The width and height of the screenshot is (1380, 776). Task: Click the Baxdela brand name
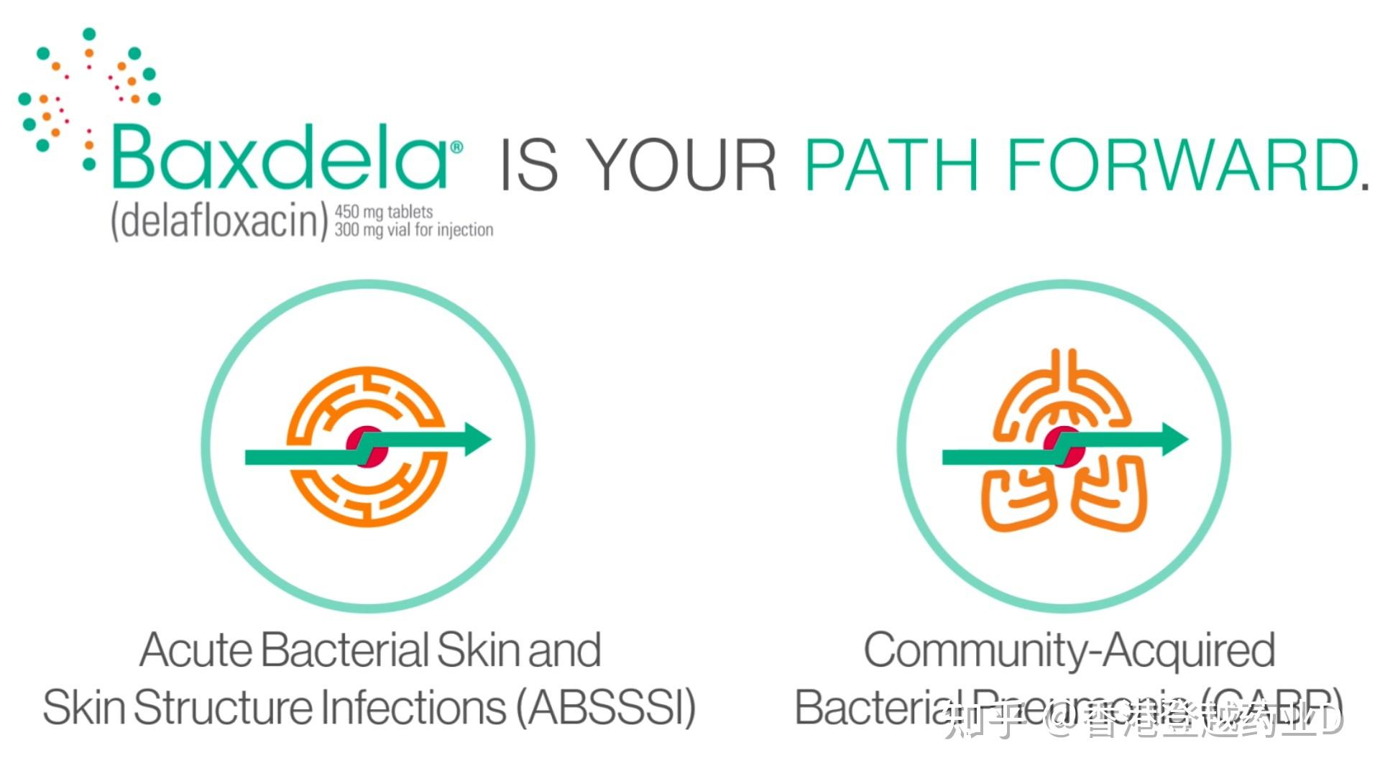point(280,157)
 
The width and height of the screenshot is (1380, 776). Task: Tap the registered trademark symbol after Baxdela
point(456,148)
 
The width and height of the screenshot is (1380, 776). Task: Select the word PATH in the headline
point(891,165)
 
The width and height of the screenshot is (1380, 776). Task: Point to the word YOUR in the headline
point(683,165)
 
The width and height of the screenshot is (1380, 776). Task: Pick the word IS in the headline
point(528,165)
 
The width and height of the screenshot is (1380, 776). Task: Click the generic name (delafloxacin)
point(219,221)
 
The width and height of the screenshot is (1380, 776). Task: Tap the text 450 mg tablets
point(384,212)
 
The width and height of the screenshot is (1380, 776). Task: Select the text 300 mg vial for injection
point(414,230)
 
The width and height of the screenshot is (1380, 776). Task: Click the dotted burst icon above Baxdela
point(86,90)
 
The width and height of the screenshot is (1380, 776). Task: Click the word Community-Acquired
point(1069,650)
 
